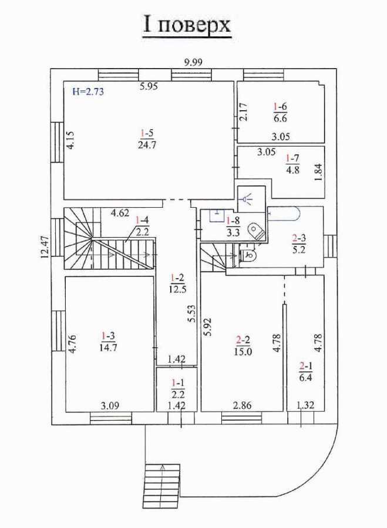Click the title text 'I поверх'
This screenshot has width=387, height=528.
pos(187,25)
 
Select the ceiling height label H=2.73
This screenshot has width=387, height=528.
pos(88,92)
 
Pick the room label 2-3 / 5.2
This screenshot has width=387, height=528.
pos(298,244)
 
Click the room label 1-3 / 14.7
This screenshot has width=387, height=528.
pos(108,341)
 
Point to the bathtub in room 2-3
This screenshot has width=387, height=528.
pos(288,215)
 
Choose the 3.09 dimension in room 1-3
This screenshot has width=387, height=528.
pos(110,404)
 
